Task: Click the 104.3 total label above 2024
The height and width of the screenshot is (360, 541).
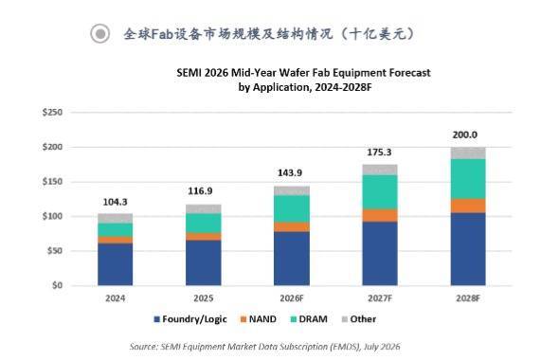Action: pos(115,202)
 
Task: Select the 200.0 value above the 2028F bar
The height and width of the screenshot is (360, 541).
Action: pos(465,135)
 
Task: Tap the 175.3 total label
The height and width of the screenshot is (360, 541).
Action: pos(379,153)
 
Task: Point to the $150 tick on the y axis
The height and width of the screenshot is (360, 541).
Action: pos(52,182)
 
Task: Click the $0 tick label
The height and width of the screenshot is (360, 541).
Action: pos(57,285)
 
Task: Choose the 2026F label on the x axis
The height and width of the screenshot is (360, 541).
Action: pos(292,298)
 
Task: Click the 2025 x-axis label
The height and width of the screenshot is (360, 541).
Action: pos(203,298)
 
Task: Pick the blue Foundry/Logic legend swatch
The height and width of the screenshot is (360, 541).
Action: pos(156,319)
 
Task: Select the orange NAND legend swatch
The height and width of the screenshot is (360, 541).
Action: pos(243,319)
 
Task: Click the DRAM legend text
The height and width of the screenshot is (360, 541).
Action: pos(313,319)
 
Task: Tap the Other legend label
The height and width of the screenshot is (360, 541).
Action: pos(363,319)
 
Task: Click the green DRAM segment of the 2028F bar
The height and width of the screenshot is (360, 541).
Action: pos(468,179)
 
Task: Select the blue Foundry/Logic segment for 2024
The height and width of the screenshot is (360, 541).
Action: pos(116,264)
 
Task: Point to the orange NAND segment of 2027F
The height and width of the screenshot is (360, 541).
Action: pos(380,215)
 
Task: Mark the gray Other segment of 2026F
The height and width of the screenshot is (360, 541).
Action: pos(292,191)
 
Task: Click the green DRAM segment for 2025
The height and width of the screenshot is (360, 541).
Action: pos(203,223)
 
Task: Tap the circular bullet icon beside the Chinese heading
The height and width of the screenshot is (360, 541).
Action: pos(100,34)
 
